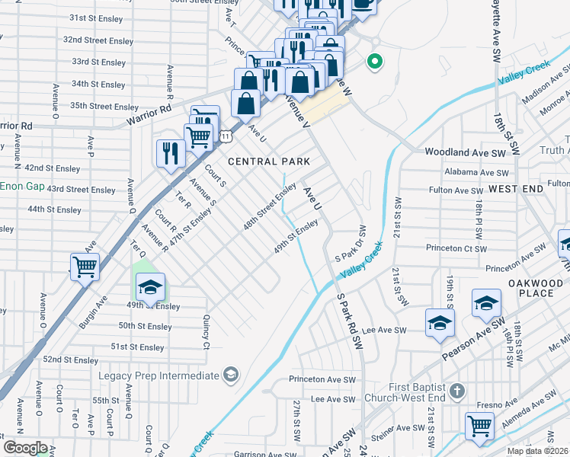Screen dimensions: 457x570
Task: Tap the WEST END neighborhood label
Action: coord(517,187)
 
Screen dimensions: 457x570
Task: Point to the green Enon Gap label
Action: coord(21,186)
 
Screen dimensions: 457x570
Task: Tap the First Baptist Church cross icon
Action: coord(456,391)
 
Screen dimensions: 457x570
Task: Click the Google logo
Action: coord(25,448)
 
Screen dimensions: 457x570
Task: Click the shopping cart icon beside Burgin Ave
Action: coord(85,267)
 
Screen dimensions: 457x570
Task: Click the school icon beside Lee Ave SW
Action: coord(440,322)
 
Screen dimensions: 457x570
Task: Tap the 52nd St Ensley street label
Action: coord(70,360)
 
